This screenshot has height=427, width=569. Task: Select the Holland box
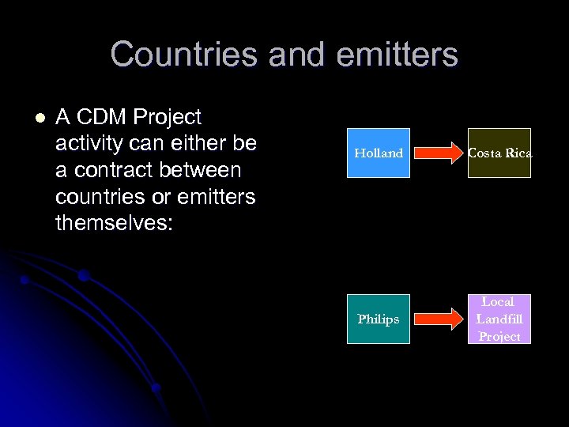pyautogui.click(x=379, y=153)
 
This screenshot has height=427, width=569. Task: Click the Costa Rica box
pyautogui.click(x=499, y=153)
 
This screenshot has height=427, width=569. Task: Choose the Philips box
pyautogui.click(x=379, y=319)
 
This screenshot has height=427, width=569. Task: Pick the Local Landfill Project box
pyautogui.click(x=499, y=319)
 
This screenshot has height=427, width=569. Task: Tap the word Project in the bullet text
pyautogui.click(x=168, y=118)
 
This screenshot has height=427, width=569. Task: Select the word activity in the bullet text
pyautogui.click(x=90, y=144)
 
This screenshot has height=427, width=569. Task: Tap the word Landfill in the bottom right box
pyautogui.click(x=499, y=319)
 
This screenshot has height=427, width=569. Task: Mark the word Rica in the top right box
pyautogui.click(x=517, y=153)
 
